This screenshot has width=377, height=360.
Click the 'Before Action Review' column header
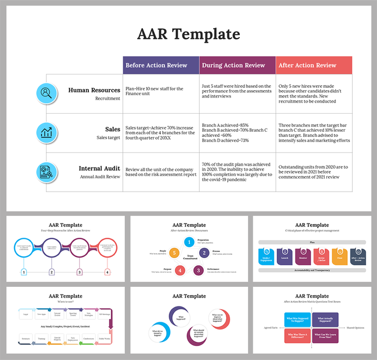pyautogui.click(x=161, y=65)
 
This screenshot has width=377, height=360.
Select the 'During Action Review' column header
pyautogui.click(x=237, y=65)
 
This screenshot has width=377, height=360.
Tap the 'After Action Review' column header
pyautogui.click(x=313, y=65)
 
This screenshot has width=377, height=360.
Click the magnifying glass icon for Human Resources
pyautogui.click(x=46, y=93)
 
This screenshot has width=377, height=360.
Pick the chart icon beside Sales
pyautogui.click(x=46, y=133)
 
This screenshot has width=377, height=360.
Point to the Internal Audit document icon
pyautogui.click(x=46, y=172)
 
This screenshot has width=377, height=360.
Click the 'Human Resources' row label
pyautogui.click(x=94, y=90)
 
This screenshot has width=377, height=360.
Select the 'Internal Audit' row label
pyautogui.click(x=99, y=168)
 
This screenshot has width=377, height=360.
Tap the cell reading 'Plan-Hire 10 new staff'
pyautogui.click(x=160, y=91)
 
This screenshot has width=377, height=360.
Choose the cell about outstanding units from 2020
pyautogui.click(x=313, y=172)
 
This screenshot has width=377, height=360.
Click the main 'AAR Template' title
pyautogui.click(x=188, y=34)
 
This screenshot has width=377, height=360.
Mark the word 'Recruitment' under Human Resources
pyautogui.click(x=107, y=99)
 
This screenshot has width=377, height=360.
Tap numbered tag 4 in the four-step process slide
pyautogui.click(x=107, y=272)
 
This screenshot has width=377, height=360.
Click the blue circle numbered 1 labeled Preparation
pyautogui.click(x=190, y=242)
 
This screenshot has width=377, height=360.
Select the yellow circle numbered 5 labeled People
pyautogui.click(x=175, y=254)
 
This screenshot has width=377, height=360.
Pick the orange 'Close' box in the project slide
pyautogui.click(x=339, y=257)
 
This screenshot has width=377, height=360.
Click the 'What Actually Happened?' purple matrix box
pyautogui.click(x=329, y=321)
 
